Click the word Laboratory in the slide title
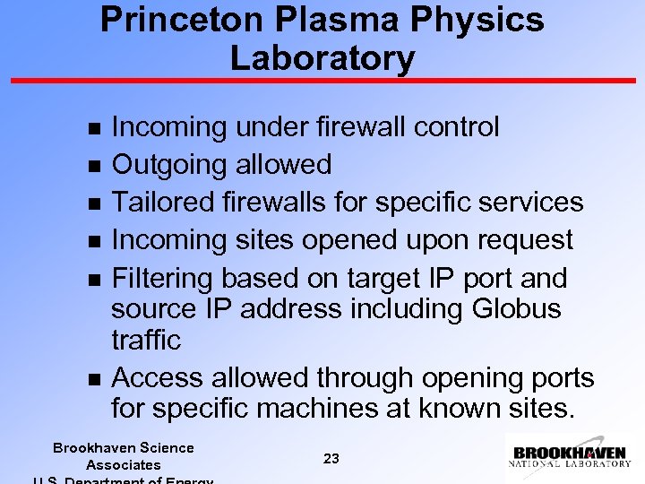pos(322,58)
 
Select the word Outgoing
pos(169,166)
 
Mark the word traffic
pos(146,341)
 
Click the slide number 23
pos(331,459)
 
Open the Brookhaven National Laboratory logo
pos(570,456)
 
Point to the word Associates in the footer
pos(123,464)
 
